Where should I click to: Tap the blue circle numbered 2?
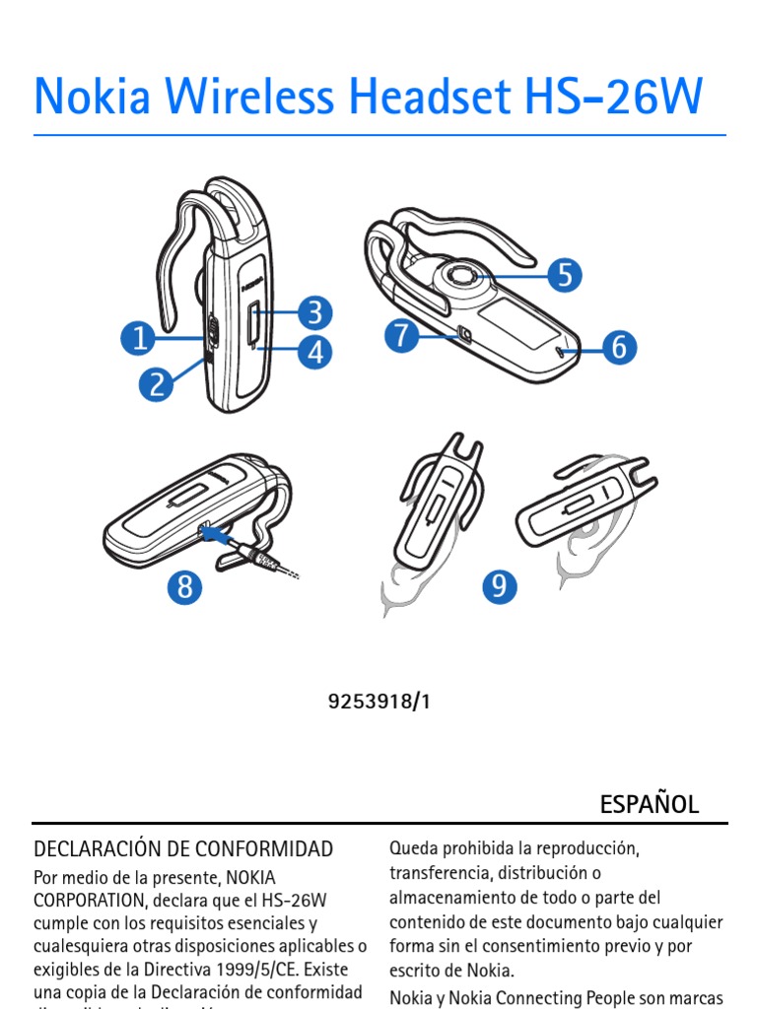coord(157,382)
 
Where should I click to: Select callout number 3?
coord(314,313)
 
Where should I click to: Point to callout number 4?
coord(314,352)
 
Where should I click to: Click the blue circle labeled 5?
coord(564,275)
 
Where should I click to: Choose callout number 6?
coord(619,346)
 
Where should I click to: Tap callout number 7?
coord(401,336)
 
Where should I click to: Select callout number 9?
coord(500,587)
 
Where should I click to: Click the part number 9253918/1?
coord(379,703)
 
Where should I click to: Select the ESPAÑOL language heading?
coord(650,804)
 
